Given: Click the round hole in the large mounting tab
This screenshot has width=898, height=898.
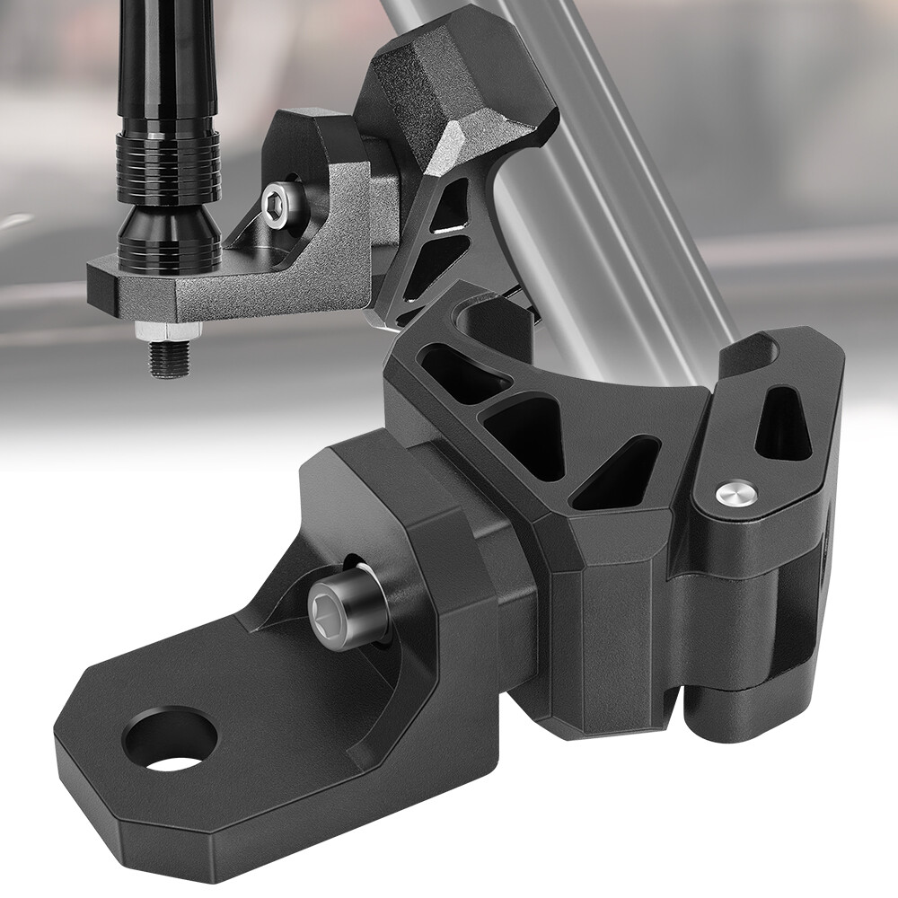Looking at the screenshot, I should pyautogui.click(x=170, y=742).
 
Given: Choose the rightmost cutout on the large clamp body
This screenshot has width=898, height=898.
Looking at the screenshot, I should pyautogui.click(x=620, y=472).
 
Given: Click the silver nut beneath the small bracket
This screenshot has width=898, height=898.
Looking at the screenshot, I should pyautogui.click(x=168, y=332).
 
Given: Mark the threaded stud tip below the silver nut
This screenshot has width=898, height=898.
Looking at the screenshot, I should pyautogui.click(x=169, y=361).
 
